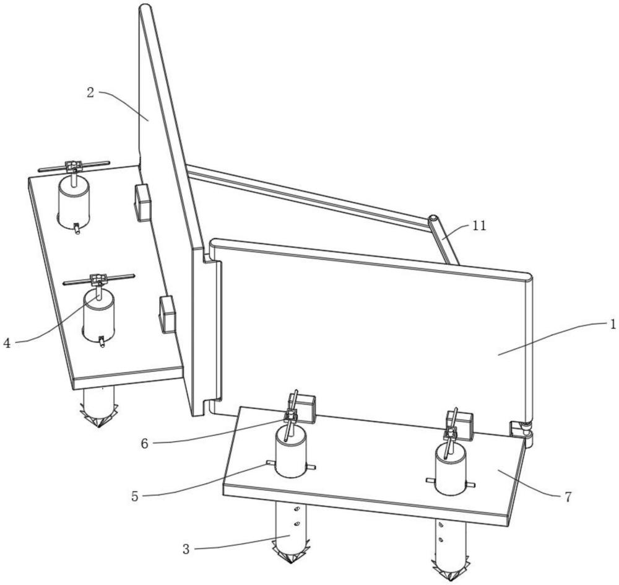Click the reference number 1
pyautogui.click(x=612, y=325)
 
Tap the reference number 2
pyautogui.click(x=90, y=94)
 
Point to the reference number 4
pyautogui.click(x=7, y=343)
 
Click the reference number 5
pyautogui.click(x=135, y=496)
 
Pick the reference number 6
pyautogui.click(x=144, y=444)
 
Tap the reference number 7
pyautogui.click(x=568, y=497)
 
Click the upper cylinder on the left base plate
pyautogui.click(x=74, y=203)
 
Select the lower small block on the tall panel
pyautogui.click(x=167, y=314)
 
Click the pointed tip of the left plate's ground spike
pyautogui.click(x=98, y=428)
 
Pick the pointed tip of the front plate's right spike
pyautogui.click(x=450, y=581)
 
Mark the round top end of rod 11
pyautogui.click(x=433, y=219)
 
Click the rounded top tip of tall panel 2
pyautogui.click(x=145, y=7)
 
